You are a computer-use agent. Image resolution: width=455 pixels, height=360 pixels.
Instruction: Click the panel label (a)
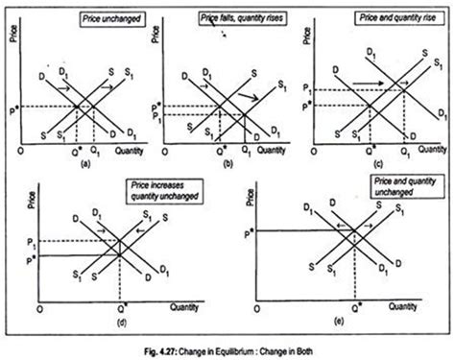tap(85, 164)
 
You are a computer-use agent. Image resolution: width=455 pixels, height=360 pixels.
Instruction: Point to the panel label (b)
tap(234, 164)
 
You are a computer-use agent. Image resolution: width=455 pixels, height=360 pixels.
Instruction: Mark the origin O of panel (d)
tap(36, 311)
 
